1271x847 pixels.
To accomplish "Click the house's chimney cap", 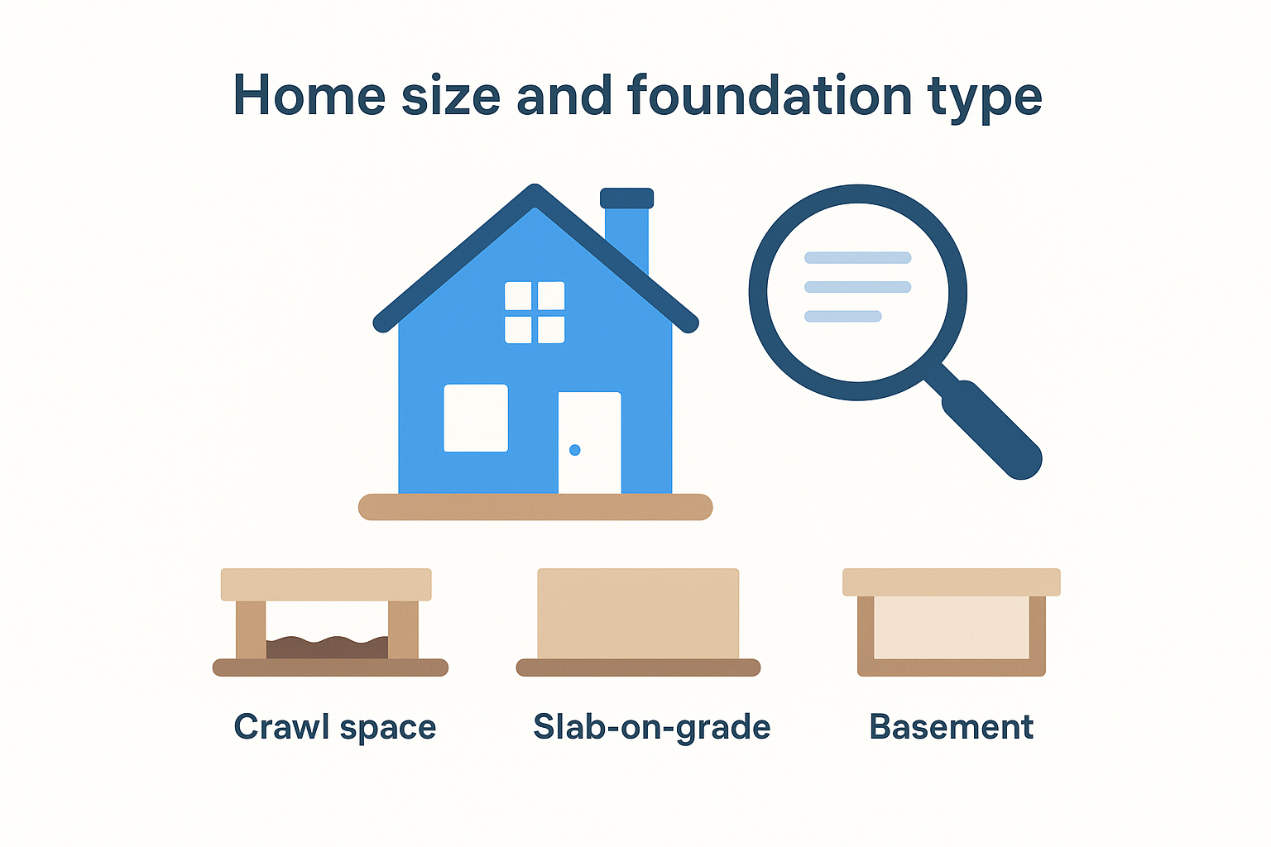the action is (627, 198).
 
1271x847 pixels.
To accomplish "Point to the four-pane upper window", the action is (535, 312).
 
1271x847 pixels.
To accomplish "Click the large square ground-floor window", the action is (476, 418).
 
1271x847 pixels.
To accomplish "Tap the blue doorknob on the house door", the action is (575, 450).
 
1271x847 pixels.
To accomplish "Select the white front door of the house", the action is (589, 443).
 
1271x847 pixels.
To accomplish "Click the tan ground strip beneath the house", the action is (535, 506).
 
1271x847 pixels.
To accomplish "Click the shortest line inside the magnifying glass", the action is (842, 316).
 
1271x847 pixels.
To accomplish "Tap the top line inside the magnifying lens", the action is (857, 257).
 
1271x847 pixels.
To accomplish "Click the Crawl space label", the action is (335, 727).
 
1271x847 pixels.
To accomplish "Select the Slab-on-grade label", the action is (651, 727).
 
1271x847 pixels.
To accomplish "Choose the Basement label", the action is (951, 726).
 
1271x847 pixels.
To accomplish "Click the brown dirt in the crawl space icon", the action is (327, 648).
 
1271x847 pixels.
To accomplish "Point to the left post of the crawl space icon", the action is (250, 629).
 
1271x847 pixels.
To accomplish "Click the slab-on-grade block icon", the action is (638, 614).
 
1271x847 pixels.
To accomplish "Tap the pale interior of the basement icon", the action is (951, 628).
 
